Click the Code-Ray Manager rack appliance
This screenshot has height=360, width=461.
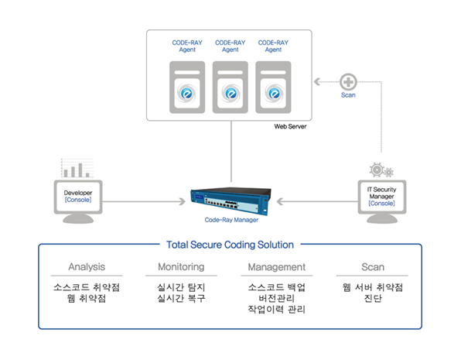pyautogui.click(x=230, y=201)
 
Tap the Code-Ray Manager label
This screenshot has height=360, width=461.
pyautogui.click(x=231, y=220)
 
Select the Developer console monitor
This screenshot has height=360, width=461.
pyautogui.click(x=78, y=201)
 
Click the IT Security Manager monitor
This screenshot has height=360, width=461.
pyautogui.click(x=382, y=201)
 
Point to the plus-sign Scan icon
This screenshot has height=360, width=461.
pyautogui.click(x=348, y=82)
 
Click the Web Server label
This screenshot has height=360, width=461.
pyautogui.click(x=290, y=126)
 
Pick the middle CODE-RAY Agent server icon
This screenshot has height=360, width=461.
pyautogui.click(x=230, y=87)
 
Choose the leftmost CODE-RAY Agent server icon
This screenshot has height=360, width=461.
pyautogui.click(x=187, y=87)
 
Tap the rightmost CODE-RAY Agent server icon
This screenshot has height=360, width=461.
pyautogui.click(x=273, y=87)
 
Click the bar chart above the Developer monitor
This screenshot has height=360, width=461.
pyautogui.click(x=77, y=168)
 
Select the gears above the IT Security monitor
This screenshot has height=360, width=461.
pyautogui.click(x=381, y=170)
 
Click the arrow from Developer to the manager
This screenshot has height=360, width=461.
pyautogui.click(x=144, y=201)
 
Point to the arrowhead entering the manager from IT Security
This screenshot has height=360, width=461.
pyautogui.click(x=280, y=201)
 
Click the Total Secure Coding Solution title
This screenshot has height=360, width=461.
pyautogui.click(x=230, y=245)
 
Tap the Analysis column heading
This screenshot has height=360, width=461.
pyautogui.click(x=87, y=267)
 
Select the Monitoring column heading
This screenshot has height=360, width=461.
pyautogui.click(x=181, y=266)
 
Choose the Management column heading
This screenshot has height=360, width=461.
pyautogui.click(x=277, y=267)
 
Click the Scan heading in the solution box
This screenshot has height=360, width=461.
pyautogui.click(x=373, y=267)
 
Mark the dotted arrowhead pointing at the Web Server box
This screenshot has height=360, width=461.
pyautogui.click(x=317, y=81)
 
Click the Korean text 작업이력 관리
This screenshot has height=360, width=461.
pyautogui.click(x=277, y=310)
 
